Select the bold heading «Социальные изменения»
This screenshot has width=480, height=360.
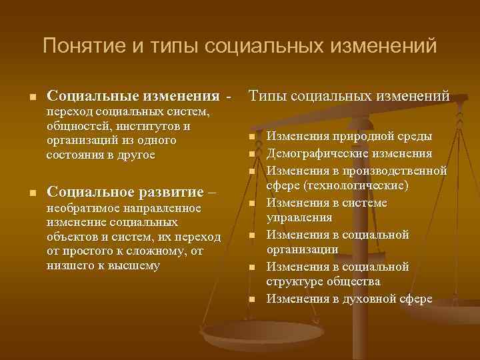pos(133,97)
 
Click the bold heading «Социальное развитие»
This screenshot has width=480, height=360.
pos(126,192)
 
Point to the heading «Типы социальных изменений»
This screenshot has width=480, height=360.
pos(349,97)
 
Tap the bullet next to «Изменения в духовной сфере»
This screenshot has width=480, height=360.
pos(253,299)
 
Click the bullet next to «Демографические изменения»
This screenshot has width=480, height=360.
pos(253,154)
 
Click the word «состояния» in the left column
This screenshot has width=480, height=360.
pos(73,155)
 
